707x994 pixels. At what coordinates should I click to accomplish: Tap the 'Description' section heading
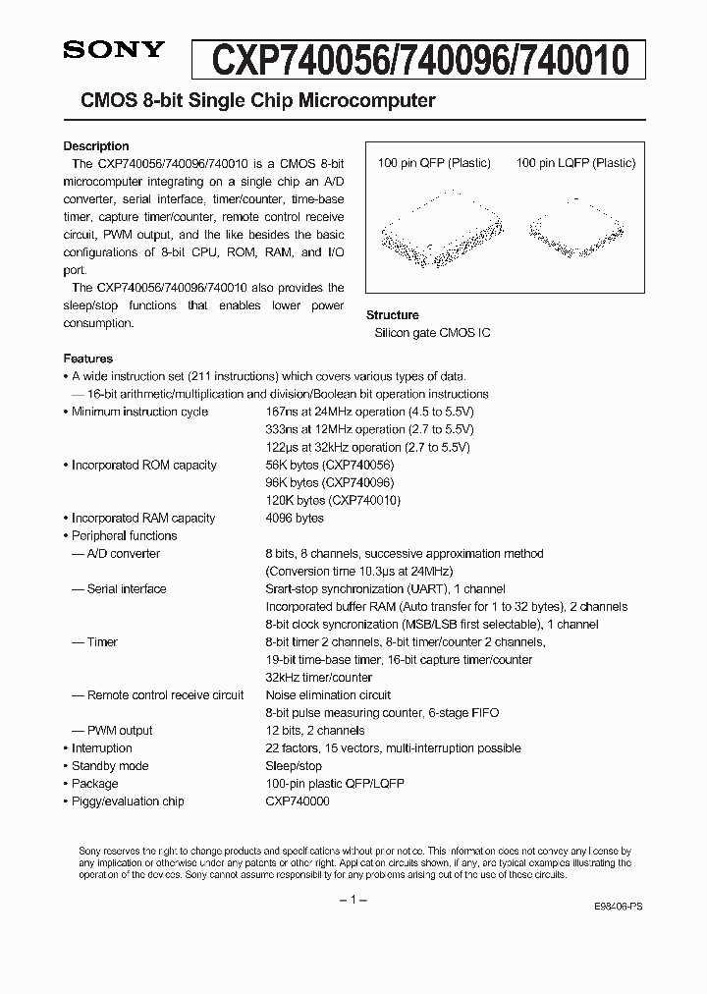(x=96, y=146)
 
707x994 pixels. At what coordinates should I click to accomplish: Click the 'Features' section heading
(x=88, y=359)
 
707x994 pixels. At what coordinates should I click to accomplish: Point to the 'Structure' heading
(x=392, y=315)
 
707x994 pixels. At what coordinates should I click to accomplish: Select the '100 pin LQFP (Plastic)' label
(x=575, y=163)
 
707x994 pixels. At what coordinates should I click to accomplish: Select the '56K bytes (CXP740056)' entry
(x=329, y=465)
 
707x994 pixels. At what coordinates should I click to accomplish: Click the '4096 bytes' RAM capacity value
(x=295, y=518)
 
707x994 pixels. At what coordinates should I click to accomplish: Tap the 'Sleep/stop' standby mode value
(x=294, y=765)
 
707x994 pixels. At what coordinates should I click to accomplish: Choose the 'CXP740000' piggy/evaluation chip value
(x=298, y=801)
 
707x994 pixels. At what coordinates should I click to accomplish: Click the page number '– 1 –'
(x=353, y=900)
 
